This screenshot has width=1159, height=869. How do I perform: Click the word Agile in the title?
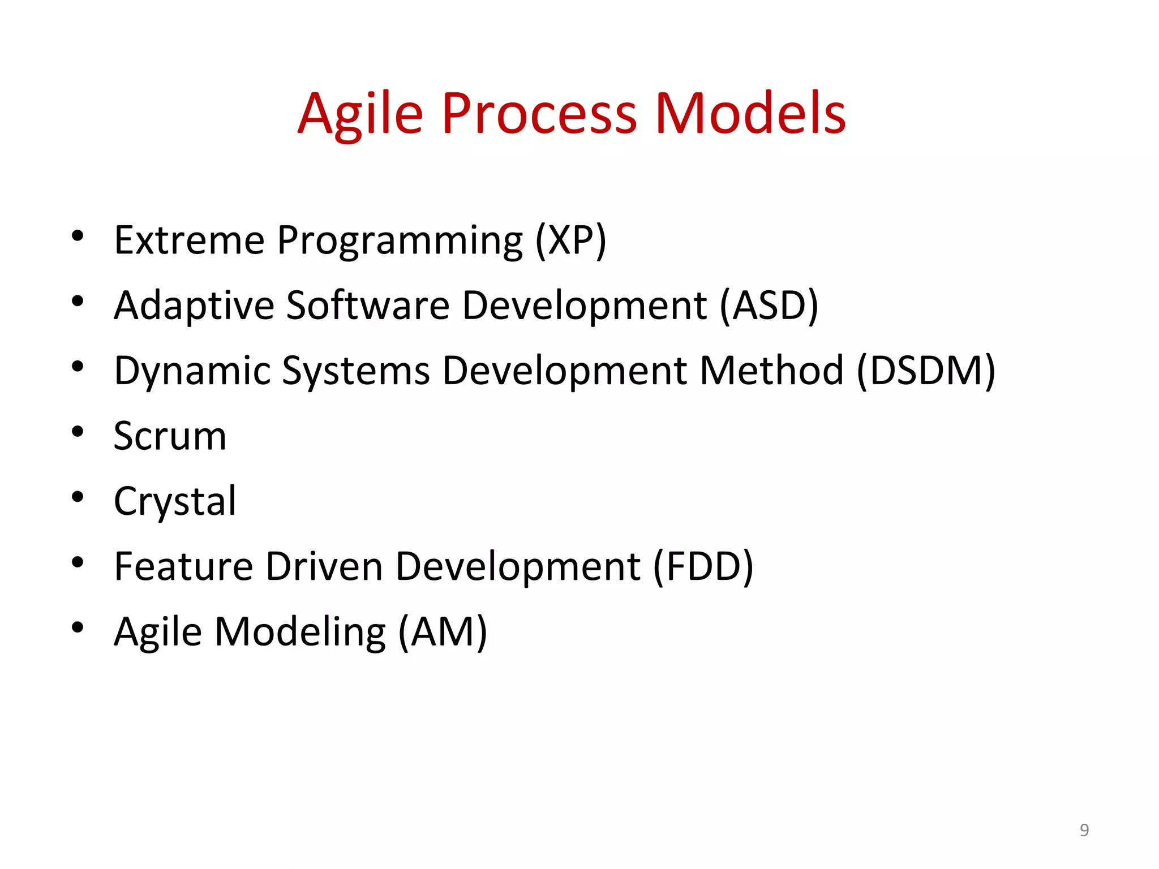point(360,115)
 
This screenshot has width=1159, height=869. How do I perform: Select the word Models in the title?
point(750,115)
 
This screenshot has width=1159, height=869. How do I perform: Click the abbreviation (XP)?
point(570,240)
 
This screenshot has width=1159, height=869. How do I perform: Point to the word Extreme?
point(189,240)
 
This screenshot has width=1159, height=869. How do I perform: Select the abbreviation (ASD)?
point(769,306)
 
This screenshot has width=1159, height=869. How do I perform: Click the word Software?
point(367,306)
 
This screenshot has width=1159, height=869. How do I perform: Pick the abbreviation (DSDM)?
point(925,371)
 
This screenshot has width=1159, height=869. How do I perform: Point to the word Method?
point(771,371)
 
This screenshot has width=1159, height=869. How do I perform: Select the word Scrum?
point(170,437)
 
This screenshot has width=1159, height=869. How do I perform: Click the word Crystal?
point(175,502)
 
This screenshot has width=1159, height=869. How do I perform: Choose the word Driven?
point(324,567)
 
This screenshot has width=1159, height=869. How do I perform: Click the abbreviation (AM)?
point(442,632)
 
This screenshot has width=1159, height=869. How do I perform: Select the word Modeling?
point(300,633)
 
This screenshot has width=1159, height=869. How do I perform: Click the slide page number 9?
point(1084,830)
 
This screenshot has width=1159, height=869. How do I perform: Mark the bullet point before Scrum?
point(78,432)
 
